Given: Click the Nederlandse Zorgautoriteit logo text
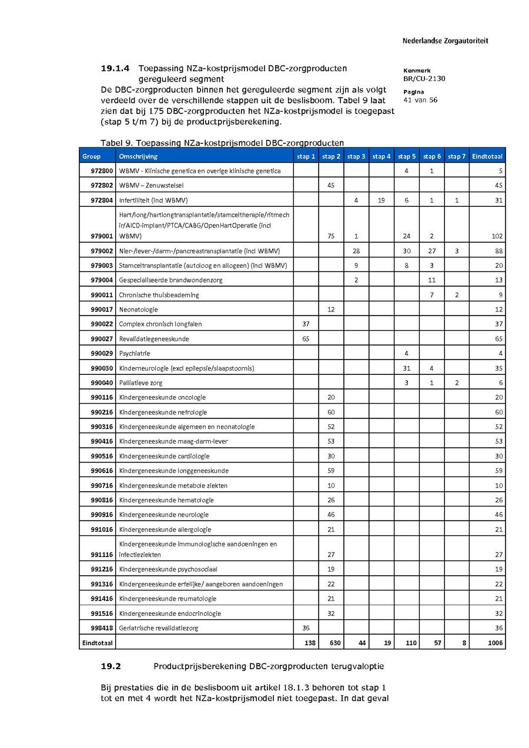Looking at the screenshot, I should pyautogui.click(x=445, y=41).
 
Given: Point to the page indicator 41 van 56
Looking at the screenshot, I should pyautogui.click(x=420, y=100).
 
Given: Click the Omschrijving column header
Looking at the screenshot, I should pyautogui.click(x=138, y=156).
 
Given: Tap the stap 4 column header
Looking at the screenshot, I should pyautogui.click(x=381, y=156).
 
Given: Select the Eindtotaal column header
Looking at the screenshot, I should pyautogui.click(x=487, y=156).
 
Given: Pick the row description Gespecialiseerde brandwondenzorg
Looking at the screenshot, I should pyautogui.click(x=170, y=280).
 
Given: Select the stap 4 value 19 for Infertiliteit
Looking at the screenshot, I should pyautogui.click(x=381, y=200).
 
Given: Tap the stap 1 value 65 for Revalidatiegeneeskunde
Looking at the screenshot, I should pyautogui.click(x=306, y=339).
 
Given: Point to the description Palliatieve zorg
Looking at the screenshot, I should pyautogui.click(x=140, y=383).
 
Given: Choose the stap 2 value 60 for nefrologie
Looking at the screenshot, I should pyautogui.click(x=331, y=412).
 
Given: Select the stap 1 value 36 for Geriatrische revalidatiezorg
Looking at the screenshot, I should pyautogui.click(x=306, y=628).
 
